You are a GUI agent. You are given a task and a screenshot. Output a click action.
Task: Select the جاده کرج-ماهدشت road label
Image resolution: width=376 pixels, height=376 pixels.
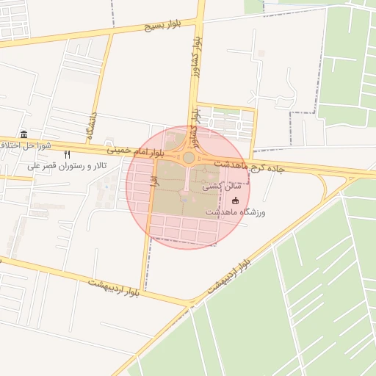click(x=250, y=166)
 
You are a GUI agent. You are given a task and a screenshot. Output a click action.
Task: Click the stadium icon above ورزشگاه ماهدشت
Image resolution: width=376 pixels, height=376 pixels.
click(x=235, y=200)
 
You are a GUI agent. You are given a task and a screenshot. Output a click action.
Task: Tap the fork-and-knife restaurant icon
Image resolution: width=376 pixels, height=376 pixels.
click(x=68, y=155)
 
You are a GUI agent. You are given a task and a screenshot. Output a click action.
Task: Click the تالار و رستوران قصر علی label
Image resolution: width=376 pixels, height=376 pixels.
click(x=67, y=167)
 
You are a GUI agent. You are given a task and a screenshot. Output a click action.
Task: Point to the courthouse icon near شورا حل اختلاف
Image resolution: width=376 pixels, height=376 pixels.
click(x=24, y=134)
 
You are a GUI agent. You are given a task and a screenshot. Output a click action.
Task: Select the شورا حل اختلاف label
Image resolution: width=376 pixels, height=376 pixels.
click(x=26, y=145)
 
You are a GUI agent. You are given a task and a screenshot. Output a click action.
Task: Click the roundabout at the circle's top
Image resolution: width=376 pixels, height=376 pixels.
click(x=189, y=157)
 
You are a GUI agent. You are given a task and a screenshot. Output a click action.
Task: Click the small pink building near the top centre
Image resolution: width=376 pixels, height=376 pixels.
click(x=262, y=54)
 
